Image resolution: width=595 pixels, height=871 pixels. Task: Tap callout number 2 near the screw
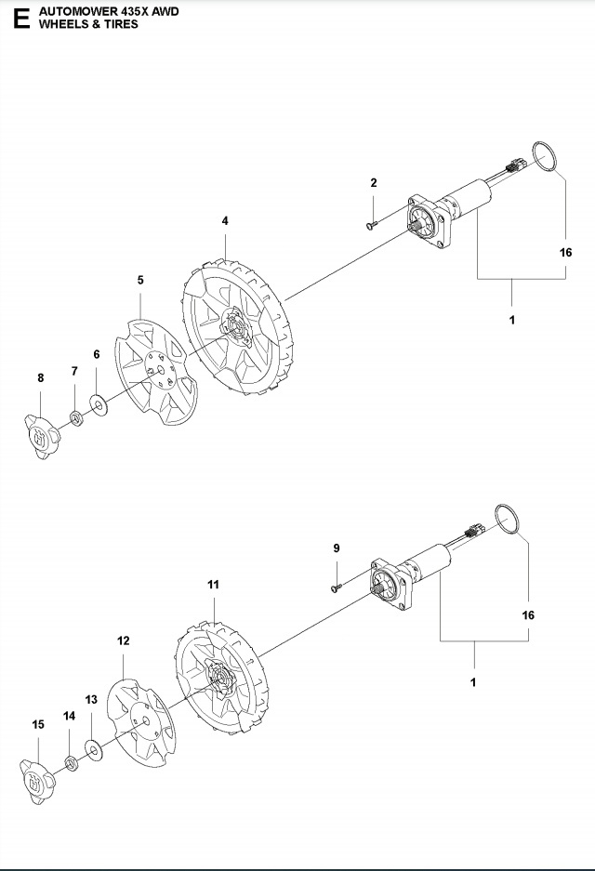pyautogui.click(x=374, y=183)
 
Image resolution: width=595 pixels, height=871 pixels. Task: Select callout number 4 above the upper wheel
pyautogui.click(x=225, y=220)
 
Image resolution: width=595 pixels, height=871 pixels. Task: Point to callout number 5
pyautogui.click(x=140, y=279)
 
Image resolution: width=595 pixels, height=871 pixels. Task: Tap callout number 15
pyautogui.click(x=38, y=724)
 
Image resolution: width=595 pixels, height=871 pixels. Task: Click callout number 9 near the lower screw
pyautogui.click(x=337, y=548)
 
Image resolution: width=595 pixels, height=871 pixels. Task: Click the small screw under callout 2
pyautogui.click(x=372, y=221)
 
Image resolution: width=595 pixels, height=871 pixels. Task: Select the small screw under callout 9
pyautogui.click(x=336, y=586)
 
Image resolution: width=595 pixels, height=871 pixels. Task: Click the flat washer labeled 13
pyautogui.click(x=94, y=748)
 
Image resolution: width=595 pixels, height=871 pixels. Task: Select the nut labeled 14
pyautogui.click(x=72, y=763)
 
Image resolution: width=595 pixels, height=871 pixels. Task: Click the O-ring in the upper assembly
pyautogui.click(x=547, y=157)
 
